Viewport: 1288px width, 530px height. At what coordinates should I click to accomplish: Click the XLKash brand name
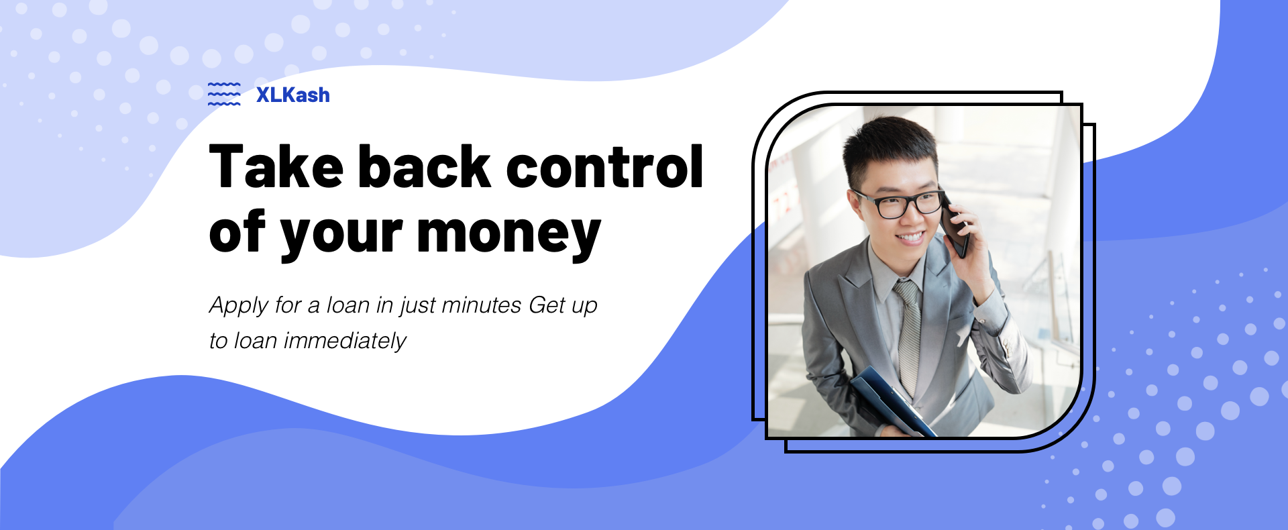[293, 95]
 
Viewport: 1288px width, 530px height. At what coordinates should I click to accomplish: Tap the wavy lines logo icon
[224, 94]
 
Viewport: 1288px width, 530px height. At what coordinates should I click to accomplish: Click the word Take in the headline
[276, 166]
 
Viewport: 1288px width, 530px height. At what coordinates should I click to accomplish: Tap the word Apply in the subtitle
[239, 306]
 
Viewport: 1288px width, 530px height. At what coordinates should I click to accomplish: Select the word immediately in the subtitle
[345, 341]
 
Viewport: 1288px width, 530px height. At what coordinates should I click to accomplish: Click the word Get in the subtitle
[547, 305]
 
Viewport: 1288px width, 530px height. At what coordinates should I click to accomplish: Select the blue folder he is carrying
[893, 403]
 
